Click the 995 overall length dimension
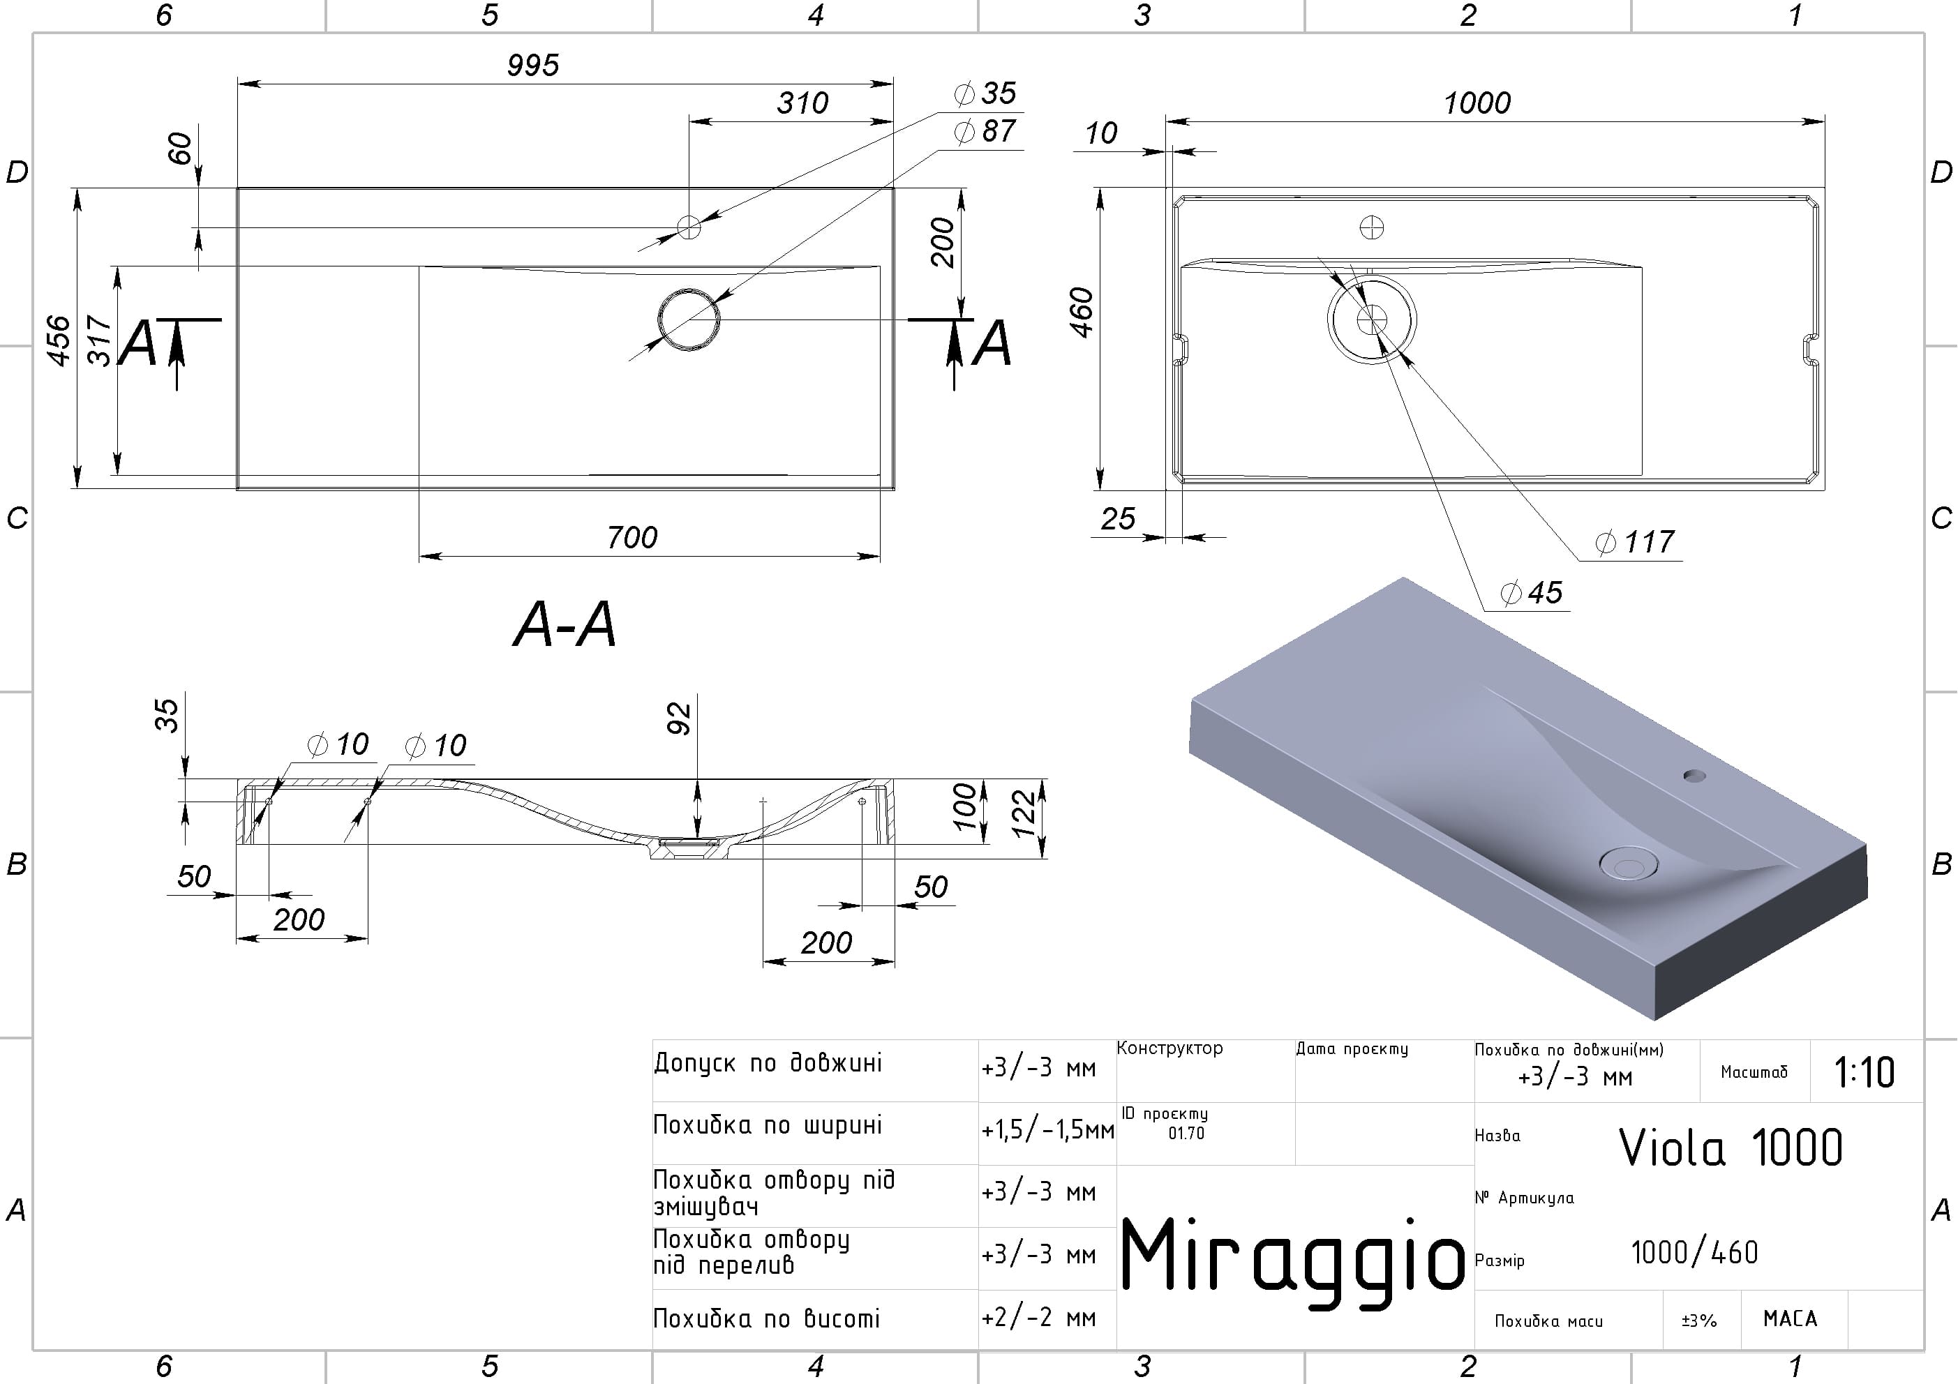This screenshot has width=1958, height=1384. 533,66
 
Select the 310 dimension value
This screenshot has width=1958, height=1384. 802,103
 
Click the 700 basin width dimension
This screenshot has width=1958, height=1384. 632,537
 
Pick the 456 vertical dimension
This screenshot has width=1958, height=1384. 59,340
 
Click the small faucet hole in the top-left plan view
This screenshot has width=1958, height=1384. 688,227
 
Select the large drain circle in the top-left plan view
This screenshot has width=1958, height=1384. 688,319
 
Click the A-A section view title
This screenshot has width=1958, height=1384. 564,625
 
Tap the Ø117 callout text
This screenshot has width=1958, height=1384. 1635,541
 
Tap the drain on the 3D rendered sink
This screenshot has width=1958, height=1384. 1627,863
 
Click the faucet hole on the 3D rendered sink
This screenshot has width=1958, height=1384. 1694,776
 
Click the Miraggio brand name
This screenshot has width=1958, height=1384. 1292,1258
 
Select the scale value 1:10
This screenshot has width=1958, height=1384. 1864,1072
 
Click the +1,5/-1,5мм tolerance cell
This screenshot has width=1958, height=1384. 1047,1131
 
